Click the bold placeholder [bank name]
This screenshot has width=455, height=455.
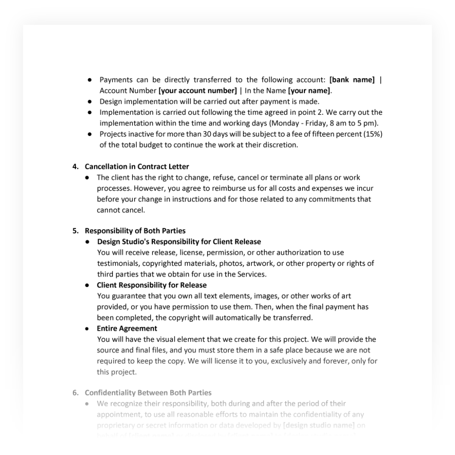[352, 81]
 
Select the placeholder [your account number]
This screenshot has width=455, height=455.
[197, 91]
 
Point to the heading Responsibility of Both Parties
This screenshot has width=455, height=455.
[135, 231]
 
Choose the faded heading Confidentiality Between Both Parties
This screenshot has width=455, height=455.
[148, 393]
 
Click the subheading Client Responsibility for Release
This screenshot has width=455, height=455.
[152, 285]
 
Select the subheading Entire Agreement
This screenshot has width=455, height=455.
[127, 329]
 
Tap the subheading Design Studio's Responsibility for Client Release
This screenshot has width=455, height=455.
[179, 242]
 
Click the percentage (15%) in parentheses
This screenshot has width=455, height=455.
[373, 134]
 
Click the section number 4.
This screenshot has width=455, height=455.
[76, 167]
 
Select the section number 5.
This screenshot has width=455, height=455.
[76, 231]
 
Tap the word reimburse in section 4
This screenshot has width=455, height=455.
[211, 188]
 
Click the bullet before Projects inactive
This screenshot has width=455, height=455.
[90, 134]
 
